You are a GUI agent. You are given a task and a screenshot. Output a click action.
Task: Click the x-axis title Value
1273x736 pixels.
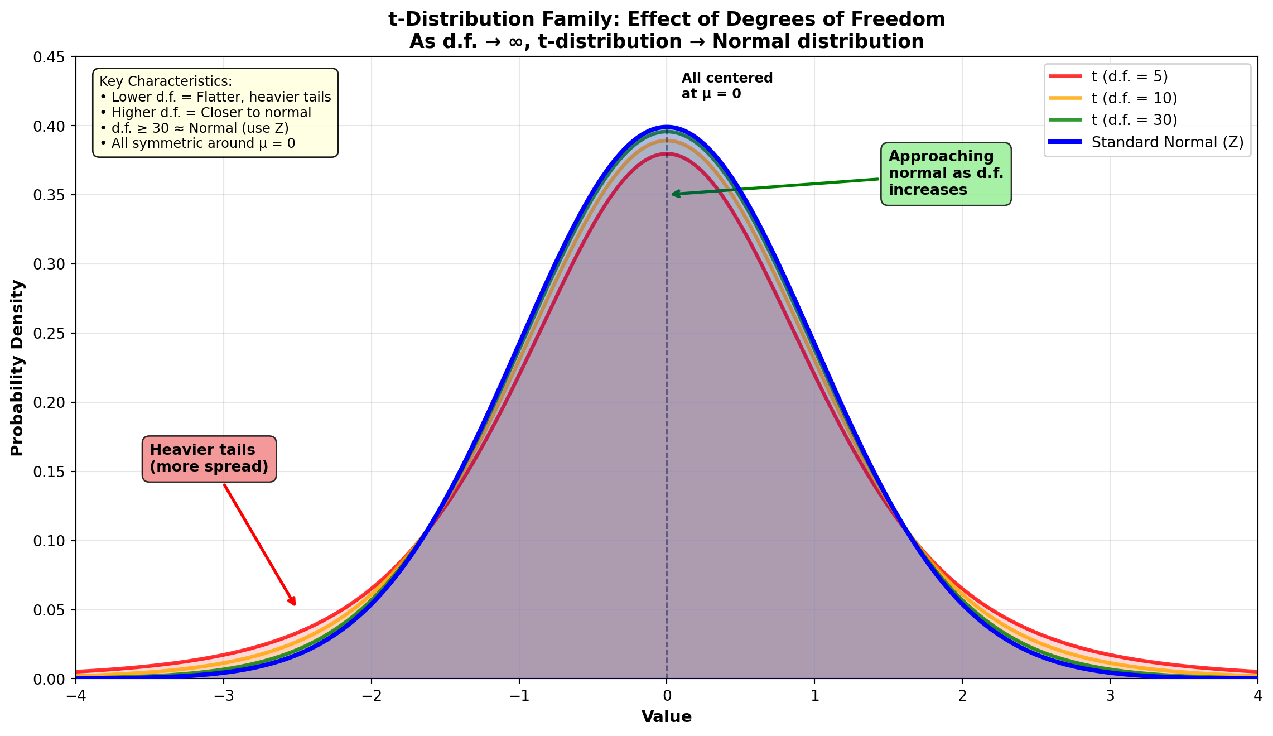point(667,717)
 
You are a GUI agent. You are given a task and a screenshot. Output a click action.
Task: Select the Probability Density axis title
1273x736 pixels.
point(17,368)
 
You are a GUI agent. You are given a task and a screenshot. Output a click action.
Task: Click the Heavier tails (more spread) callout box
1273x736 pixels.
point(209,459)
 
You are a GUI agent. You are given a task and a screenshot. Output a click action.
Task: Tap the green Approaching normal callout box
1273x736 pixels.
point(946,174)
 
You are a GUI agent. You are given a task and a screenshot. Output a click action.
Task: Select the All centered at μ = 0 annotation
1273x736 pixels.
point(727,86)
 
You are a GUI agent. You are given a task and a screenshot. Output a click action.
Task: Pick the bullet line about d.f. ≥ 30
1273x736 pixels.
point(194,128)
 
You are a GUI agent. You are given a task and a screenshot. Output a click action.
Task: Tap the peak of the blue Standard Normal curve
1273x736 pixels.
point(667,127)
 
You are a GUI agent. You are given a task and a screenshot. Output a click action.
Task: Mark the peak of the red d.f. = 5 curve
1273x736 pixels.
point(667,153)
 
